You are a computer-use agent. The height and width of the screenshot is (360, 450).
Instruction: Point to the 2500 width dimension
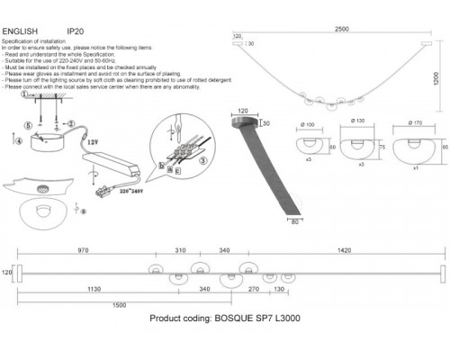[x=337, y=28]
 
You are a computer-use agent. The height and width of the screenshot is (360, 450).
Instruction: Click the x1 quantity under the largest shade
[x=413, y=168]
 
